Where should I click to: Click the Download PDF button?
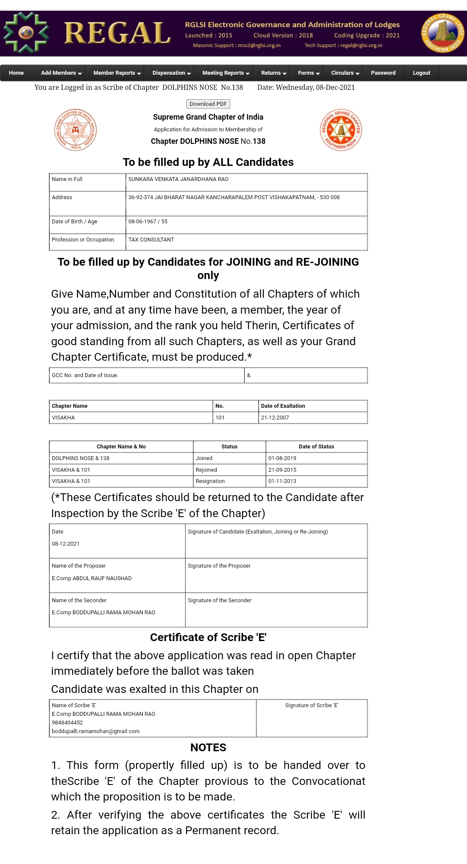pos(208,104)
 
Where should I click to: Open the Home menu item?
pos(16,73)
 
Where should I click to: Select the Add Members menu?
pos(61,73)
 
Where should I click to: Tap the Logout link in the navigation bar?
pos(421,73)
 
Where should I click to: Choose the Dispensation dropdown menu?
pos(171,73)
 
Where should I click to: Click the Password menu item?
pos(383,73)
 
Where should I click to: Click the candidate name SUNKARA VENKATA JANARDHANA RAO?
pos(178,179)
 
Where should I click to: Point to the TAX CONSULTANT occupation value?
pos(151,240)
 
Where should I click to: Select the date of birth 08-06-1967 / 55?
pos(148,222)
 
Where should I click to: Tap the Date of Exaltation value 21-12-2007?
pos(275,418)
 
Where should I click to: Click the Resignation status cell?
pos(210,481)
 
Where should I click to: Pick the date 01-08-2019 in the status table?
pos(282,458)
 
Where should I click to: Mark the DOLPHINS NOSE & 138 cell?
pos(80,458)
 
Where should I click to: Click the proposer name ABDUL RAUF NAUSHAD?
pos(102,578)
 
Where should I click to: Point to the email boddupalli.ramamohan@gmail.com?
pos(96,731)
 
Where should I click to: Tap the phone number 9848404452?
pos(67,723)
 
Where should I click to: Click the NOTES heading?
pos(208,748)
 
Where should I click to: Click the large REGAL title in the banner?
pos(117,34)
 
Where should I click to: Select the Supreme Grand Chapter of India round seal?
pos(76,130)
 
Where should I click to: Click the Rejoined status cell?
pos(206,470)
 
